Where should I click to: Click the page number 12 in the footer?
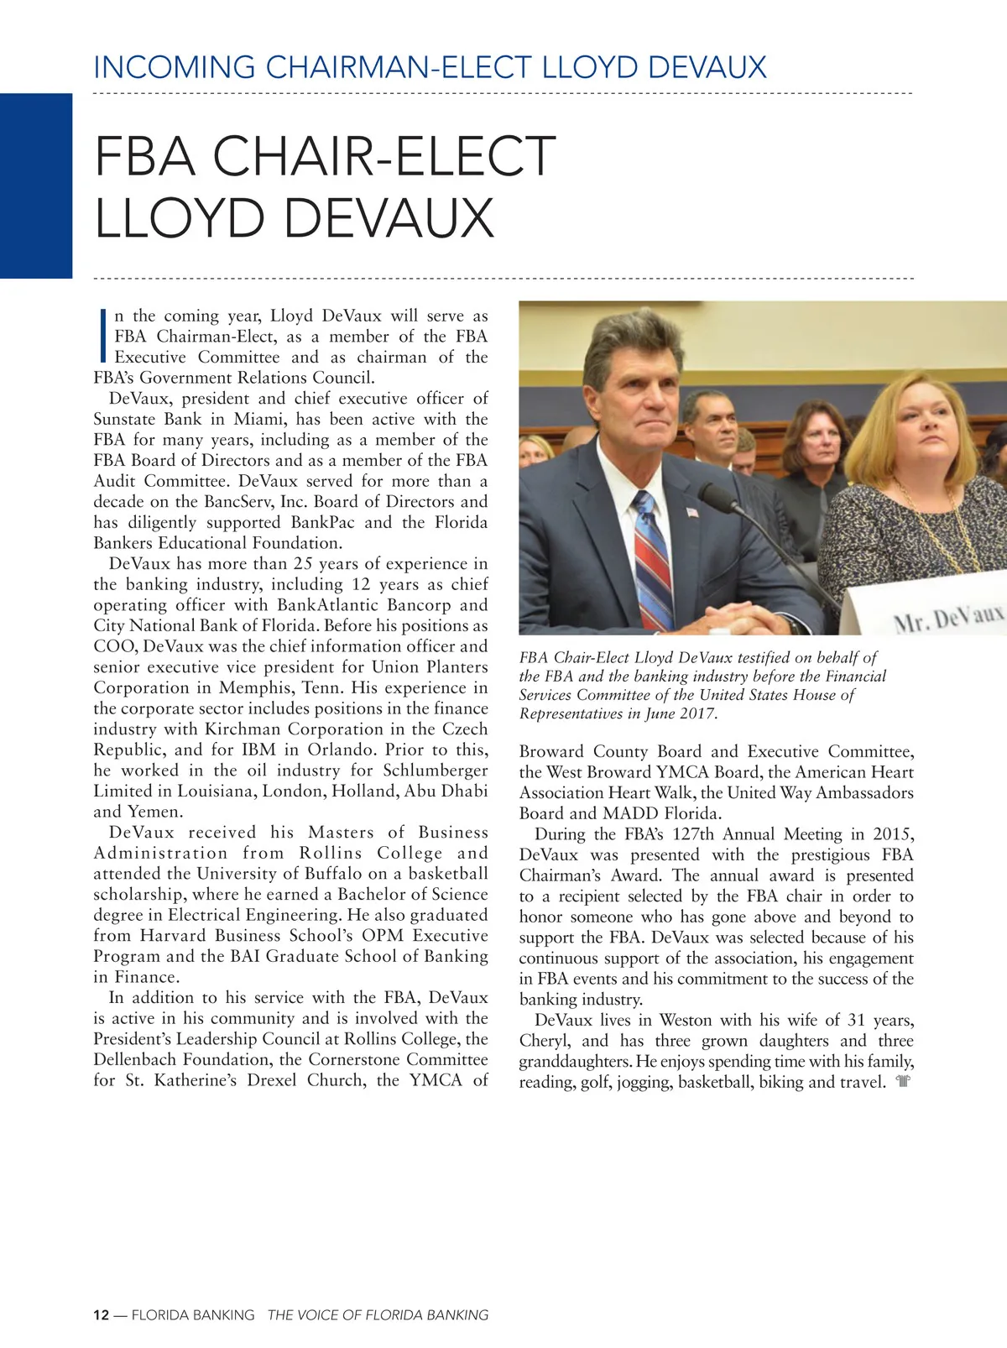tap(101, 1315)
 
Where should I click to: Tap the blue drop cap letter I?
tap(102, 336)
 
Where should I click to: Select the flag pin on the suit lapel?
tap(691, 511)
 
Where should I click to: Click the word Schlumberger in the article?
tap(436, 771)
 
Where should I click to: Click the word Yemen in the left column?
tap(154, 812)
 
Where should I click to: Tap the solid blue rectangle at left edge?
tap(36, 185)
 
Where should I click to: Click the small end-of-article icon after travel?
tap(903, 1082)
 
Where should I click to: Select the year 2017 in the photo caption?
tap(698, 713)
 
